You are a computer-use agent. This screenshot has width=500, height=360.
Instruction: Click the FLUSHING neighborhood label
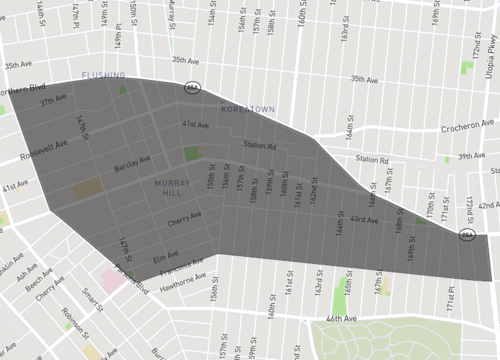tap(104, 75)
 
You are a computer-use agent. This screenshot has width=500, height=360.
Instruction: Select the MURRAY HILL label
tap(173, 190)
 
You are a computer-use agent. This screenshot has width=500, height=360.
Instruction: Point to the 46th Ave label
tap(343, 318)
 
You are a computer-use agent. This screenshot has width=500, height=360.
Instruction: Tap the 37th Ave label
tap(53, 101)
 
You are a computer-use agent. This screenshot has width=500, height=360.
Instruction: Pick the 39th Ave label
tap(470, 157)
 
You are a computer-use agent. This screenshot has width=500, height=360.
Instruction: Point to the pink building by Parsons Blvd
tap(113, 280)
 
